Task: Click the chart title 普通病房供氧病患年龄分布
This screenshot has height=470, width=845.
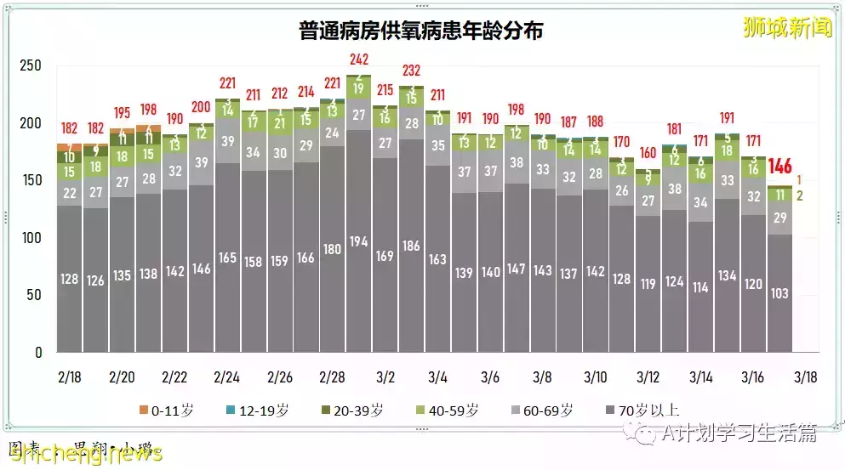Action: point(421,31)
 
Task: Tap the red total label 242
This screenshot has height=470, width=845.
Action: point(359,59)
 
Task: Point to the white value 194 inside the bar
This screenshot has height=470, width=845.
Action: point(359,241)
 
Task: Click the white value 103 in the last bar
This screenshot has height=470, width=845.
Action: point(779,293)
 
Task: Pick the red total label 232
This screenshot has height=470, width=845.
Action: point(412,71)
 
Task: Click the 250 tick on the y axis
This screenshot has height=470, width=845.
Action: point(31,66)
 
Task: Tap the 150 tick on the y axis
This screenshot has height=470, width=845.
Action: point(31,180)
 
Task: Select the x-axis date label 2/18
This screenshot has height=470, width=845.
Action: point(70,377)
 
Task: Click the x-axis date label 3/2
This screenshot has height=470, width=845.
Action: point(385,377)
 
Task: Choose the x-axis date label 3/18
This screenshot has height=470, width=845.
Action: point(806,377)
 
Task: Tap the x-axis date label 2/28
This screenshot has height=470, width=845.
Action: point(333,377)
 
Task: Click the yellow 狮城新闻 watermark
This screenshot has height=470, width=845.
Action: point(787,27)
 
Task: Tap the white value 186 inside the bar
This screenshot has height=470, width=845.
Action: point(412,246)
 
